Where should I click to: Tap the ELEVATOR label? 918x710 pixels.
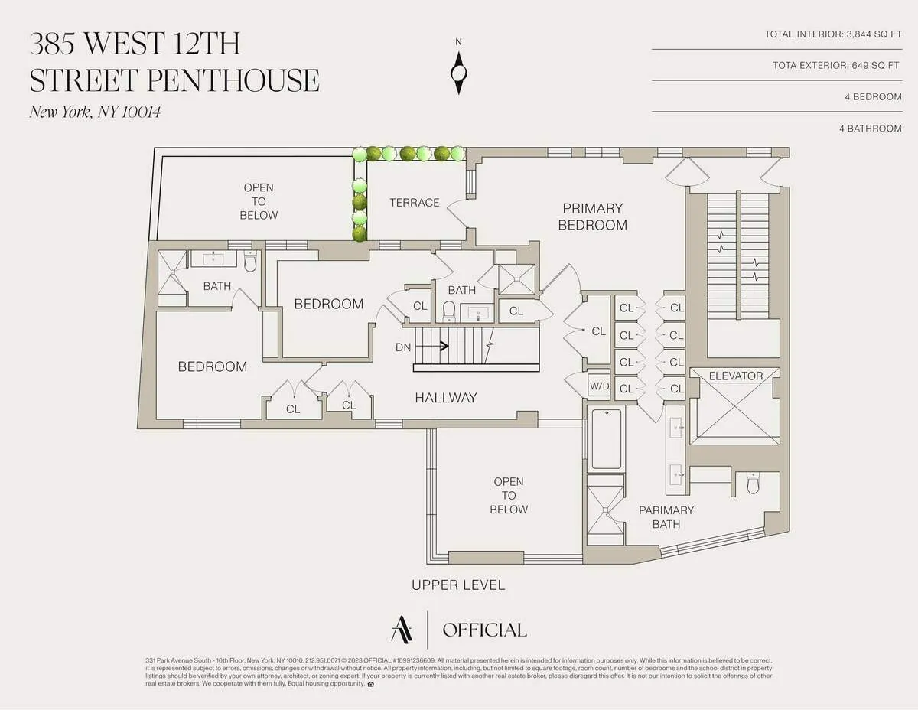coord(736,376)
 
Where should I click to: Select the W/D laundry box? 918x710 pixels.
coord(598,385)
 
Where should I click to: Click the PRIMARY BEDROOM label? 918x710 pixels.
coord(592,217)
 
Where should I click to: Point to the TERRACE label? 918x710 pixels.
coord(414,203)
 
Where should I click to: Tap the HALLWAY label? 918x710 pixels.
coord(445,398)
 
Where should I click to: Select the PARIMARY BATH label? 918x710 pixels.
coord(666,517)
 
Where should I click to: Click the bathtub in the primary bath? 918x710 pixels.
coord(607,438)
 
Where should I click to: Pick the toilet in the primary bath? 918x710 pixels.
coord(753,483)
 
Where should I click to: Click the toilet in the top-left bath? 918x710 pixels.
coord(249,262)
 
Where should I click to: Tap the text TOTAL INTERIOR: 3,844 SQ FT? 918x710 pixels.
coord(833,34)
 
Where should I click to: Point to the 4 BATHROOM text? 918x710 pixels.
coord(870,129)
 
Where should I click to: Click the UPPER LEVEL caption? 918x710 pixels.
coord(458,585)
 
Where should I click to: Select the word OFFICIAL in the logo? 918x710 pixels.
coord(484,630)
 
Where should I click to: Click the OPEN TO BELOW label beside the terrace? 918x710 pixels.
coord(259,201)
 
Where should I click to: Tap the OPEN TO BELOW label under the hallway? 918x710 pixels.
coord(509,496)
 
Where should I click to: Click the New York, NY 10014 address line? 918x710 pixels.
coord(95,112)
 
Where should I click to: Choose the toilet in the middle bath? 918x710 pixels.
coord(450,310)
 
